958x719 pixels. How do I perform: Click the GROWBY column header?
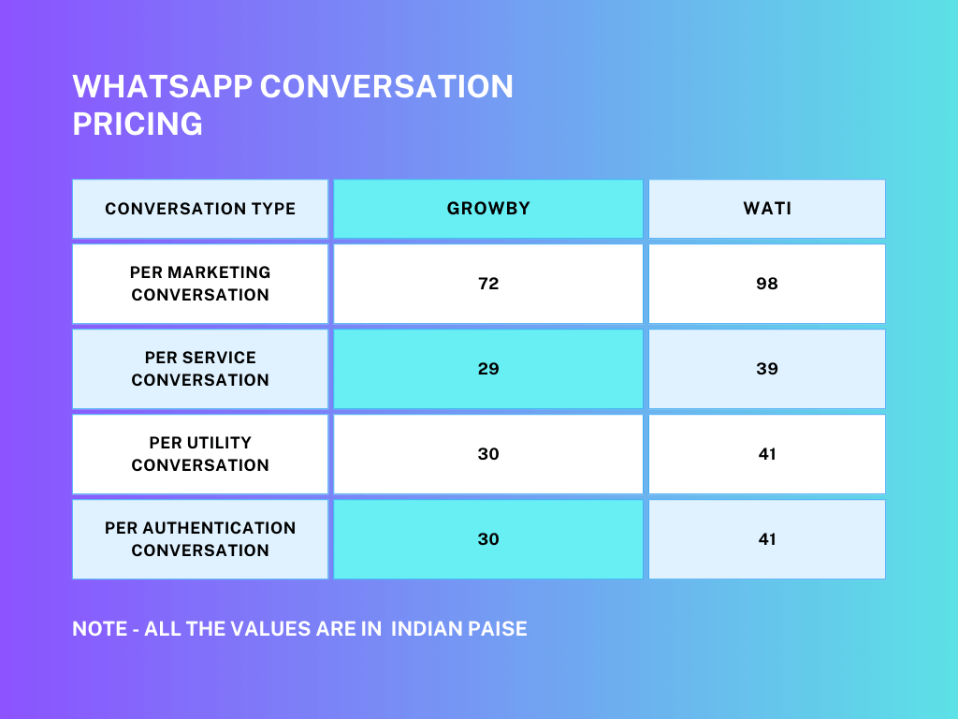coord(488,209)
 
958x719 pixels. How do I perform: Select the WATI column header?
coord(767,209)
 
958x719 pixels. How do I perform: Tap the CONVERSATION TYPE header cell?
coord(200,209)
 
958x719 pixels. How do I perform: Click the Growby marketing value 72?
coord(488,284)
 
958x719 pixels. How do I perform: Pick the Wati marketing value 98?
coord(767,284)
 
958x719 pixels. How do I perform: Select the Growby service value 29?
coord(488,369)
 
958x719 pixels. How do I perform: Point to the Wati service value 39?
coord(767,369)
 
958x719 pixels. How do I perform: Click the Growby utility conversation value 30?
coord(488,454)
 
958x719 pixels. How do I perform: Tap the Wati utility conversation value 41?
coord(767,454)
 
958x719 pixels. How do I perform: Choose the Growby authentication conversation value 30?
coord(488,538)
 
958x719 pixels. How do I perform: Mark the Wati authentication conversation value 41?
coord(767,538)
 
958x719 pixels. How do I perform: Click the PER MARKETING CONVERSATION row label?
coord(200,284)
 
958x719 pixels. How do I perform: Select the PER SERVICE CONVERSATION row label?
coord(200,369)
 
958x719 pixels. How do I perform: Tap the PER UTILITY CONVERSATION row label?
coord(200,454)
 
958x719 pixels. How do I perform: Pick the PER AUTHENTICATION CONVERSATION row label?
coord(200,538)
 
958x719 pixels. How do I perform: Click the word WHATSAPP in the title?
coord(163,86)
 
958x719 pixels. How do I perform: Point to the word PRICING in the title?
coord(138,124)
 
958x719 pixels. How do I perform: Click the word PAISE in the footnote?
coord(498,628)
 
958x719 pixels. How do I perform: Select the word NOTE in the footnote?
coord(99,628)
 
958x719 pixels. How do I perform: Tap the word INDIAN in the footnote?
coord(427,628)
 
